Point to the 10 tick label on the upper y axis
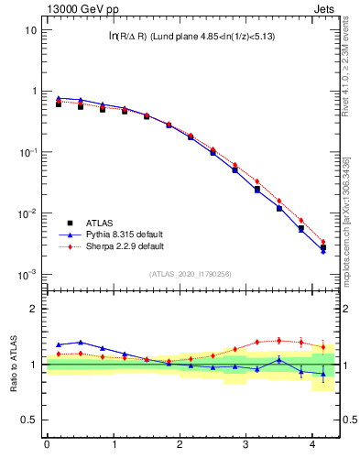coord(31,30)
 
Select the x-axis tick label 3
coord(246,446)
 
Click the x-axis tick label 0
coord(47,446)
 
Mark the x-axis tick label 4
coord(313,446)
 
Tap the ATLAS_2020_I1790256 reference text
coord(191,274)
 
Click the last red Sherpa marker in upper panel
coord(322,242)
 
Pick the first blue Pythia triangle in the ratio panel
coord(59,344)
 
